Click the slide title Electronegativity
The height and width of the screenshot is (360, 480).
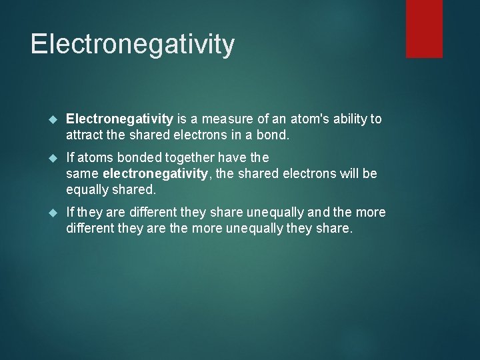tap(133, 44)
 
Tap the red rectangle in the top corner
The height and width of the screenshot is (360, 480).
tap(424, 28)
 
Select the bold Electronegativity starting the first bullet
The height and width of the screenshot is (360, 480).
tap(120, 119)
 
